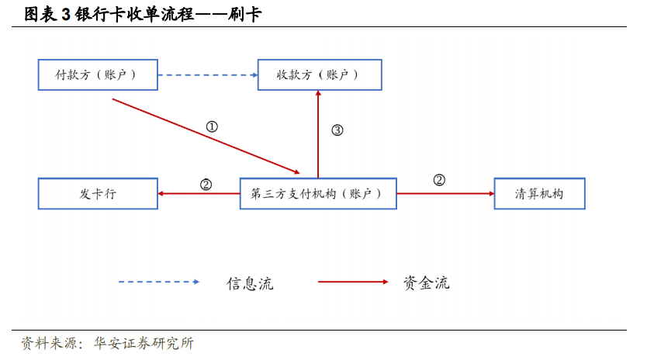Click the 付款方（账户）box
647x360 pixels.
[98, 74]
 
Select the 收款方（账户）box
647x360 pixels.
[319, 74]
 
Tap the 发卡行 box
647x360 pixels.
[98, 193]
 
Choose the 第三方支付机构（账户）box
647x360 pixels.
[318, 193]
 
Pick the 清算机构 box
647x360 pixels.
[539, 193]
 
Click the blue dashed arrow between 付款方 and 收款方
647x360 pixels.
[208, 74]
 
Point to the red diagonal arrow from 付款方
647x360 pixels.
[206, 136]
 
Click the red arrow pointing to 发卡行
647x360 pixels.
[199, 193]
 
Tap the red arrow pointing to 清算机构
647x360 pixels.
[445, 193]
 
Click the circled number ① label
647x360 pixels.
[212, 126]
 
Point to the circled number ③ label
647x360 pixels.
[337, 130]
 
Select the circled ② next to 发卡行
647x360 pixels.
[206, 184]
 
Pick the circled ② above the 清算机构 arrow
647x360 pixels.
[439, 180]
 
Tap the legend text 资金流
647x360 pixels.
[426, 282]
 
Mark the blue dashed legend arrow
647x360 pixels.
[159, 282]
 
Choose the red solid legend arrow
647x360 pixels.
[353, 282]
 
